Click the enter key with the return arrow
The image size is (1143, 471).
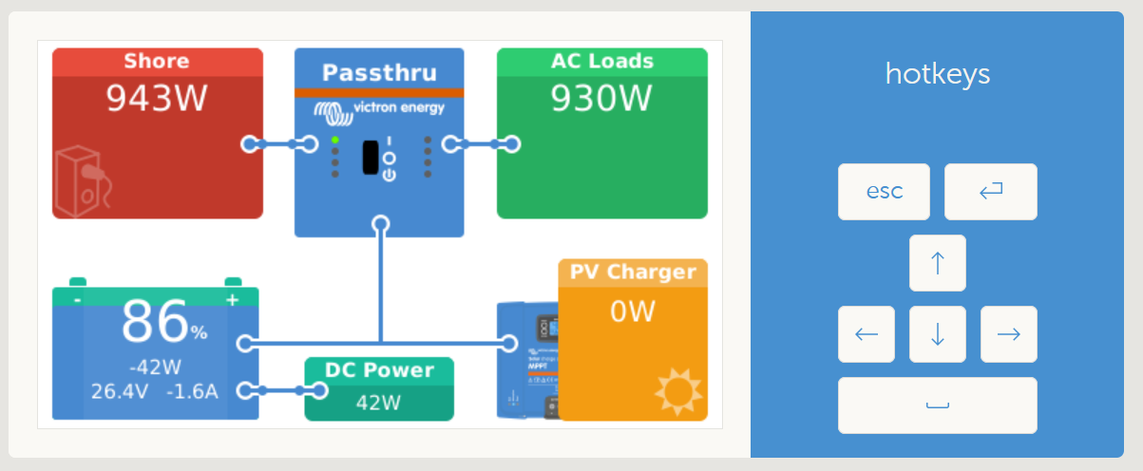(990, 192)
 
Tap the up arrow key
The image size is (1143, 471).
(938, 263)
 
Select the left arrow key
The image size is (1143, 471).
(867, 334)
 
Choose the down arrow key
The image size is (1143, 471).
(938, 334)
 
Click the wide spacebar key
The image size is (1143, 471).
(938, 405)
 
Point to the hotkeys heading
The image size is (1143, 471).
(938, 74)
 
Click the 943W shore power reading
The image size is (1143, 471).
(157, 98)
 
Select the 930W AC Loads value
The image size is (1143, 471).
(601, 98)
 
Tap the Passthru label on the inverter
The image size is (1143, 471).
(379, 73)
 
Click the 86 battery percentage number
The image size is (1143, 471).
(155, 322)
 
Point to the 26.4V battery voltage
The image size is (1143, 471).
(120, 391)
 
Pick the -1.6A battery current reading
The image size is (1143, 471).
(192, 391)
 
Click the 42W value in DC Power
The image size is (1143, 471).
(378, 403)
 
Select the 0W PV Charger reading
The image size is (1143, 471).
(632, 311)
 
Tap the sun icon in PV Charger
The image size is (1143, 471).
(678, 391)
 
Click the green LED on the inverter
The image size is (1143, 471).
(334, 140)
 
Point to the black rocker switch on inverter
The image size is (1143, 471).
(371, 158)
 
